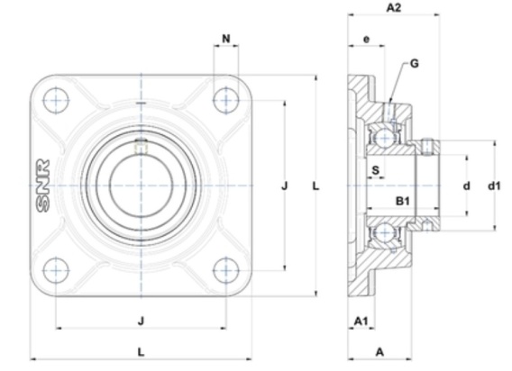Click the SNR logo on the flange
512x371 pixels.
[x=42, y=185]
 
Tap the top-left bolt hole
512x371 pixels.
[x=56, y=100]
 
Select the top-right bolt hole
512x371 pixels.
[x=226, y=100]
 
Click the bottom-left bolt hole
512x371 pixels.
[x=56, y=270]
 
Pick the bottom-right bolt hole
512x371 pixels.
[x=226, y=270]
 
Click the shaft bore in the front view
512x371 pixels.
[x=141, y=185]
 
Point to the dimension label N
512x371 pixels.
[x=226, y=39]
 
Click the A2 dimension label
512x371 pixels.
[x=394, y=7]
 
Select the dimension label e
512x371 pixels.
[x=366, y=40]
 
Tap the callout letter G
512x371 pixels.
[x=414, y=63]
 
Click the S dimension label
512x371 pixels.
[x=376, y=170]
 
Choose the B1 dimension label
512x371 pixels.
[x=403, y=201]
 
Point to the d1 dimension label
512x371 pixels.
[x=494, y=186]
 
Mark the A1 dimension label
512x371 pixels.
[x=361, y=321]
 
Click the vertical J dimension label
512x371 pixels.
[x=285, y=186]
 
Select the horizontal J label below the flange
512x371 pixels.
[x=141, y=321]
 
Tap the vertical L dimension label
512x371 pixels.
[x=315, y=186]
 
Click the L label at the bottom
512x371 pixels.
[x=141, y=352]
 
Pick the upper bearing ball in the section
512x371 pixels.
[x=385, y=138]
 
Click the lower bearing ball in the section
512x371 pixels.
[x=385, y=232]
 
